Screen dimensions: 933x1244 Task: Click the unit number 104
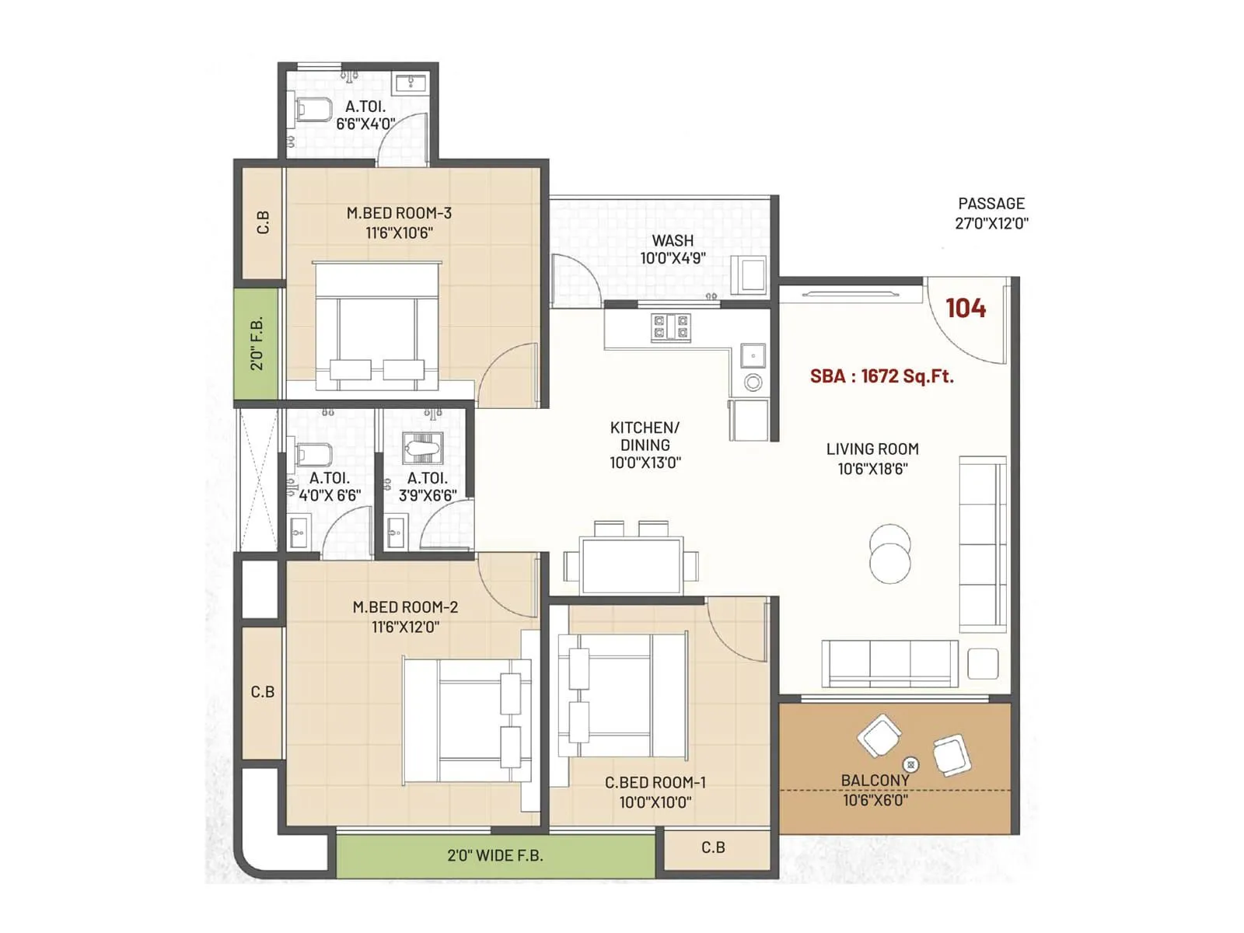[966, 308]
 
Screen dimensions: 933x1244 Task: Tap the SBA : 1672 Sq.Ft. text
[882, 376]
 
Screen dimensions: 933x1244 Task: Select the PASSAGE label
[991, 204]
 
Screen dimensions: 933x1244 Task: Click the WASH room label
[673, 240]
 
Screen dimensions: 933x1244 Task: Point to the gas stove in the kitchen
[671, 327]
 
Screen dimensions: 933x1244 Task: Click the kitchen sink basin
[753, 356]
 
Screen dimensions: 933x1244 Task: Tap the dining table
[631, 564]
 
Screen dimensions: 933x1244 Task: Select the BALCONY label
[875, 780]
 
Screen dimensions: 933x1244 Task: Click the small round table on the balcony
[911, 764]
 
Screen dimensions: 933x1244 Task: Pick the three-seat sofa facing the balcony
[889, 663]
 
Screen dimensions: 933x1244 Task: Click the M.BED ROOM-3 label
[399, 213]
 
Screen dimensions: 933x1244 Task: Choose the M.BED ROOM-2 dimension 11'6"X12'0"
[405, 627]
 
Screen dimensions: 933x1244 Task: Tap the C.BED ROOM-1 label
[655, 783]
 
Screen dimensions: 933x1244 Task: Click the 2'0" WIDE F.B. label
[495, 855]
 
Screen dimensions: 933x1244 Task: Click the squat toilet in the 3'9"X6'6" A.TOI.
[423, 449]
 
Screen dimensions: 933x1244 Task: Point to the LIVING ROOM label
[872, 449]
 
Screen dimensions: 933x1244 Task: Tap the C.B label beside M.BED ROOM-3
[263, 222]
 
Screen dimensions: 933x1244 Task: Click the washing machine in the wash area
[752, 274]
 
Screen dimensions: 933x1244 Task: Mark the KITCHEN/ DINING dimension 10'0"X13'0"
[645, 463]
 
